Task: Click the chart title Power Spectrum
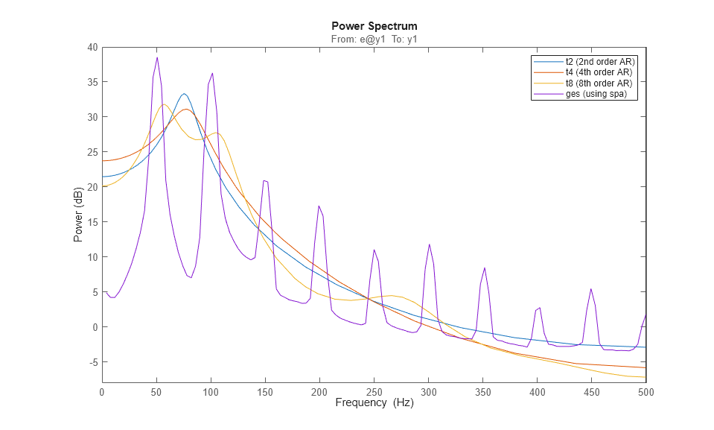point(374,26)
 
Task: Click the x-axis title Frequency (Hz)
point(374,403)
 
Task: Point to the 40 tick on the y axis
point(92,47)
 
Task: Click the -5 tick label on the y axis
point(92,362)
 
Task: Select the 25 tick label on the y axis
point(92,152)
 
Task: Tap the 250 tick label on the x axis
point(374,391)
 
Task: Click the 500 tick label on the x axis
point(646,391)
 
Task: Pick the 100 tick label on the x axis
point(211,391)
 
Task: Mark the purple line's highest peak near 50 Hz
point(157,57)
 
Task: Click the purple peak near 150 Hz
point(265,180)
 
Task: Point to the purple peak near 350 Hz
point(485,268)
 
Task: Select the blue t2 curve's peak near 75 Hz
point(184,93)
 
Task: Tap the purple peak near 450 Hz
point(591,288)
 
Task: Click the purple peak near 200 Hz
point(319,206)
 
